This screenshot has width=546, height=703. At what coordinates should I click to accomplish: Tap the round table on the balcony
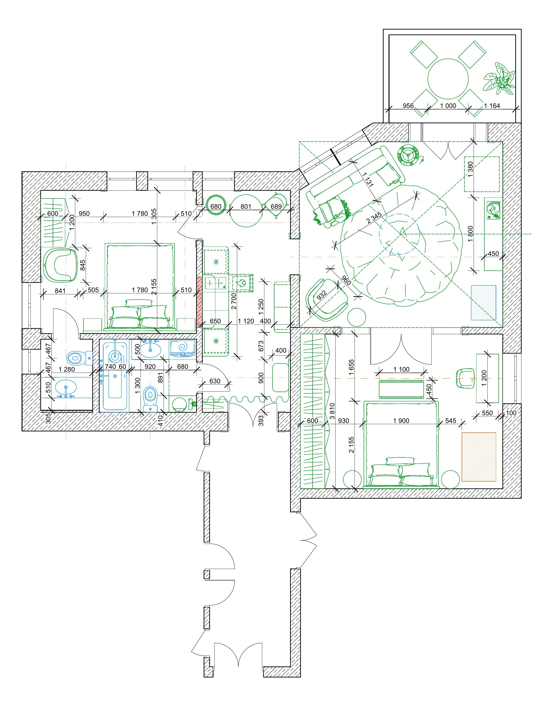[448, 79]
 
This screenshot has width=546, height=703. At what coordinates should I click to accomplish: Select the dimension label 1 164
[492, 106]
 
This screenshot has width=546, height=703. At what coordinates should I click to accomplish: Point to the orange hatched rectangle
[479, 457]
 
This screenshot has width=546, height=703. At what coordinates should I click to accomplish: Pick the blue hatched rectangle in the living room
[483, 303]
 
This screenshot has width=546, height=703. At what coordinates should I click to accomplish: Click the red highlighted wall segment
[199, 300]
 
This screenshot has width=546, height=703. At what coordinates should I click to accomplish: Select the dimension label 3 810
[332, 412]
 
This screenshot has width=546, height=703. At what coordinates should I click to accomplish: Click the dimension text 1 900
[401, 421]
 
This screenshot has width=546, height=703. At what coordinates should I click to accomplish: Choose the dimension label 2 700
[234, 301]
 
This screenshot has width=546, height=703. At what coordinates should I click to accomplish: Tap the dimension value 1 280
[67, 369]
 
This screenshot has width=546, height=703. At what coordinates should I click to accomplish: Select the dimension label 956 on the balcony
[408, 106]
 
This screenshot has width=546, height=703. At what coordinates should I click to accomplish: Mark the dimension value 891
[161, 377]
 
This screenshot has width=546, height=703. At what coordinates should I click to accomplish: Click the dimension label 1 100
[401, 370]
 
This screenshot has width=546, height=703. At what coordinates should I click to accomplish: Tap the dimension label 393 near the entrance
[261, 420]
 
